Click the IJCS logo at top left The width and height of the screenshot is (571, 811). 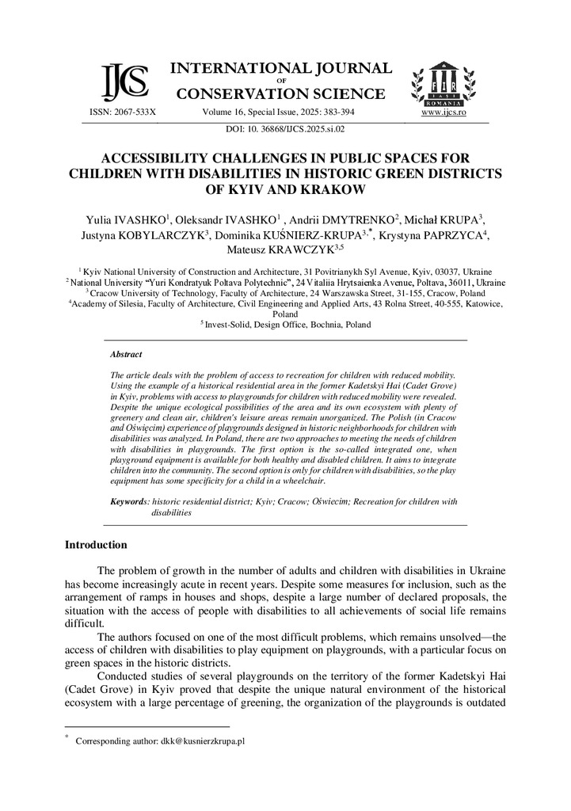pyautogui.click(x=124, y=82)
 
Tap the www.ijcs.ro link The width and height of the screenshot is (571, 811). pyautogui.click(x=443, y=113)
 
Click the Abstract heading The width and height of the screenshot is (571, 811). pyautogui.click(x=126, y=355)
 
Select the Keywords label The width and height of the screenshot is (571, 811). pyautogui.click(x=129, y=501)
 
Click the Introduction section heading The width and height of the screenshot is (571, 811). pyautogui.click(x=95, y=545)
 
